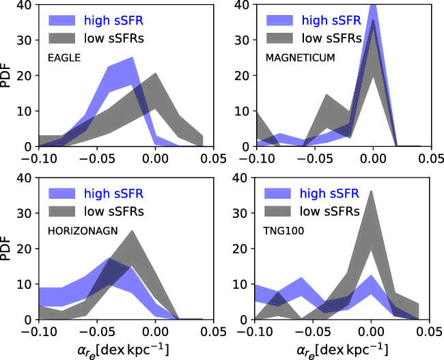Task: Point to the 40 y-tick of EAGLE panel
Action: [25, 5]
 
